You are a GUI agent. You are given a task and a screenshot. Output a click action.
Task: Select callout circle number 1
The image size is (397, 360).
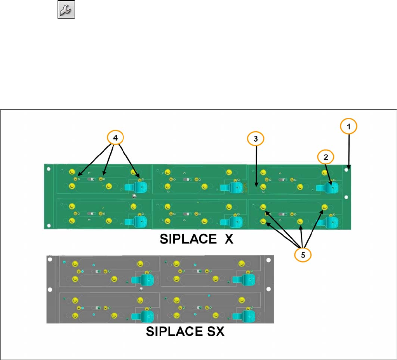click(x=348, y=126)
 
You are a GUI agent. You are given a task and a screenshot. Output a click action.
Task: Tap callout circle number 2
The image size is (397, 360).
click(x=326, y=157)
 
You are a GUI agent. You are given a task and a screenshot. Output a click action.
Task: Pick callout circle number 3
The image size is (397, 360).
click(x=256, y=138)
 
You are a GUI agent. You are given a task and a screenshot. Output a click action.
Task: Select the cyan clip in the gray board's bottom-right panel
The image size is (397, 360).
click(x=244, y=315)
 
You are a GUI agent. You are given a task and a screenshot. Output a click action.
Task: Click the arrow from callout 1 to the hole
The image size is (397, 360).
click(x=348, y=149)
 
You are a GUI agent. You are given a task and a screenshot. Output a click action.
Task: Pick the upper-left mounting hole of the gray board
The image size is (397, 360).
click(x=49, y=259)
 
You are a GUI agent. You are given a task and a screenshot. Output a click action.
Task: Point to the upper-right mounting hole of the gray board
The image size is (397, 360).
click(x=267, y=259)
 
